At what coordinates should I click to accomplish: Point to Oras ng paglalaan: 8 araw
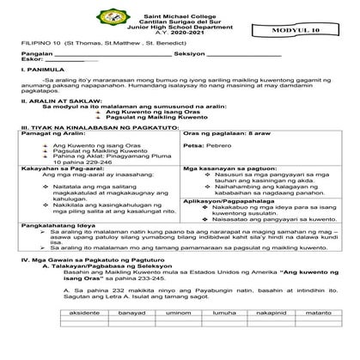coord(228,159)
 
